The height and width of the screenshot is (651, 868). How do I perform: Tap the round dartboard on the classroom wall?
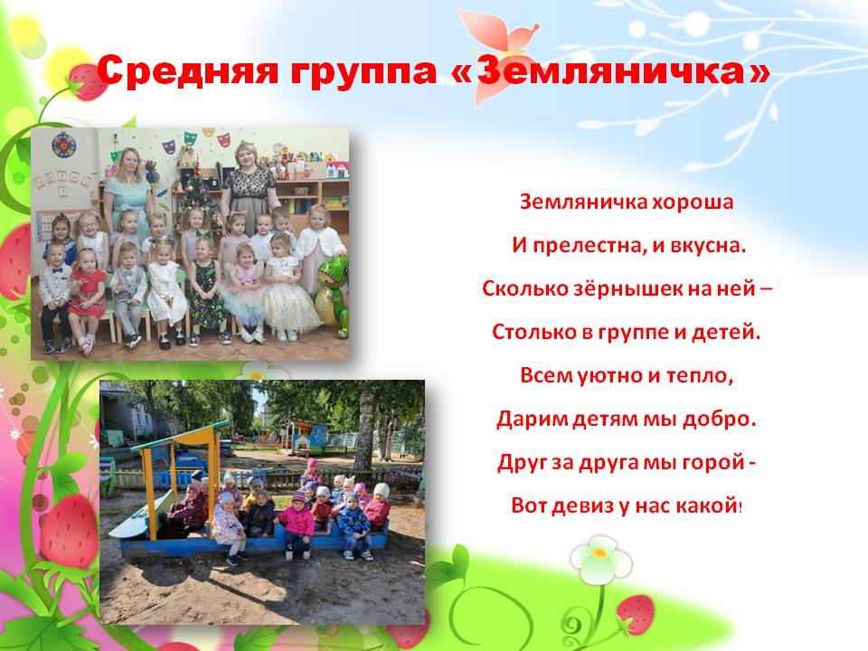(64, 145)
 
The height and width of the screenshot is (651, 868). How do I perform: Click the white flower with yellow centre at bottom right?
(600, 557)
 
